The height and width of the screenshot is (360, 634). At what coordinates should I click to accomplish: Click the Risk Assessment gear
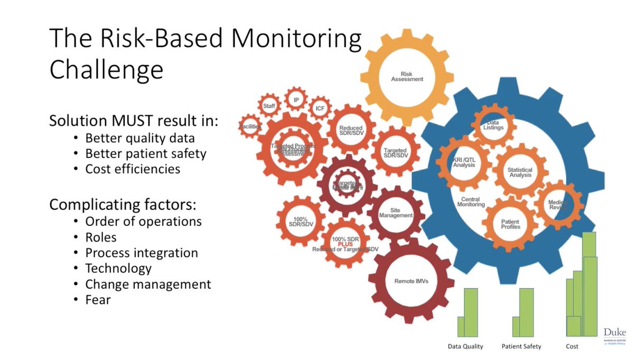(407, 76)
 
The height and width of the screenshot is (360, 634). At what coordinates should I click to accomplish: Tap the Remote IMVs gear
(411, 281)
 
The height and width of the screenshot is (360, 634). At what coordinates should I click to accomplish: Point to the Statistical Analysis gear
(520, 172)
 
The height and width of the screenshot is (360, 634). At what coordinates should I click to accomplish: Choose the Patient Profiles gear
(510, 224)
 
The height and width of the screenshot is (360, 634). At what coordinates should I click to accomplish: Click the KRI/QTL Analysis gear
(463, 162)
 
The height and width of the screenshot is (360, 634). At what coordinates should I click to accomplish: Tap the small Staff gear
(269, 106)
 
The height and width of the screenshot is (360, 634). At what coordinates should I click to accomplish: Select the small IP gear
(296, 100)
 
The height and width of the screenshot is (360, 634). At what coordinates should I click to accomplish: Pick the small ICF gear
(320, 109)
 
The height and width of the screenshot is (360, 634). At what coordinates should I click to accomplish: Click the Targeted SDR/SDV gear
(396, 153)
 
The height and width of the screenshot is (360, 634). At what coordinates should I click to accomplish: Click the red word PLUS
(346, 244)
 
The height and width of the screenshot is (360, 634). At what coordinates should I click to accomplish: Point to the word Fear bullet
(98, 300)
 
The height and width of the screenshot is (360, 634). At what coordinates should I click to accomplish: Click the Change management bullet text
(148, 284)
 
